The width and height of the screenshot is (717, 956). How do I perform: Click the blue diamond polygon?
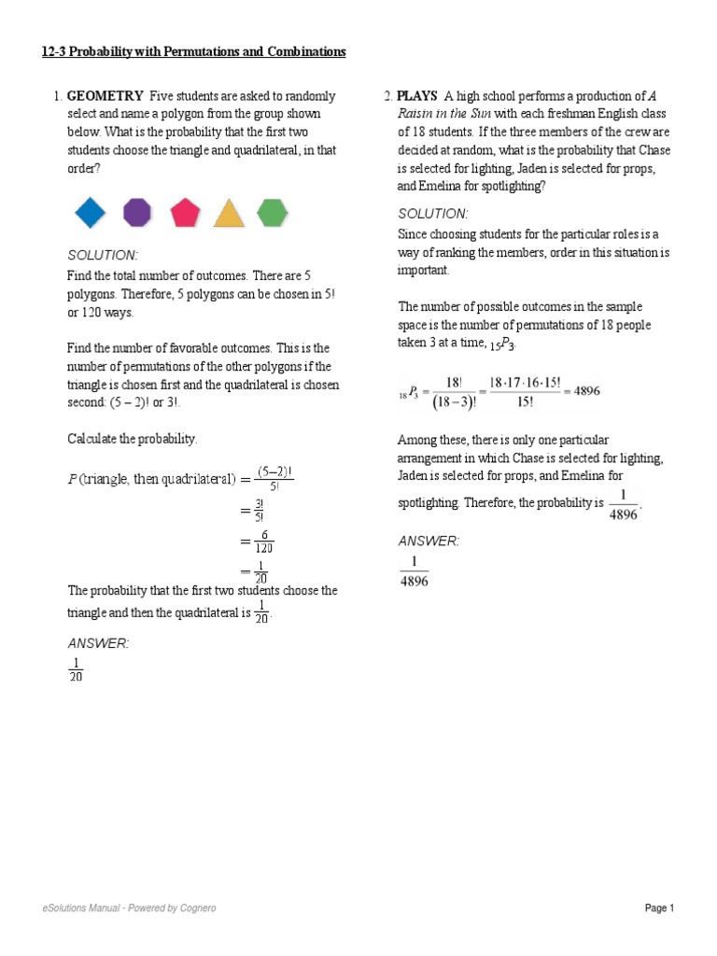[x=91, y=213]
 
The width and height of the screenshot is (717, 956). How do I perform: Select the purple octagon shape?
[x=137, y=213]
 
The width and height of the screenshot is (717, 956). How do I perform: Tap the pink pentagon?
[x=185, y=213]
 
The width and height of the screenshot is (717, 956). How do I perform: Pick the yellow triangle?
[x=229, y=214]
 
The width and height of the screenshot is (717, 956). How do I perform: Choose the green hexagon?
[x=272, y=213]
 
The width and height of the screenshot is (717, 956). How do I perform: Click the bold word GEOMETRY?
[x=105, y=96]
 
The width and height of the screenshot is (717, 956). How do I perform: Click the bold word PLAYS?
[x=416, y=96]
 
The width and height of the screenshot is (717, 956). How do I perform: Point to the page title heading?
[x=193, y=52]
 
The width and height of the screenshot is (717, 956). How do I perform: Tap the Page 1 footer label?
[x=659, y=907]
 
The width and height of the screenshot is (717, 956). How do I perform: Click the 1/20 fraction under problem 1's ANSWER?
[x=76, y=669]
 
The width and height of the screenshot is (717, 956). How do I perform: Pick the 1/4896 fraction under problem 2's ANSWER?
[x=414, y=571]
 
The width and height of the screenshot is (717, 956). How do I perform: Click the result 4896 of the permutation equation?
[x=586, y=391]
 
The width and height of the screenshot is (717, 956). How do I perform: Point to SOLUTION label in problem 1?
[x=103, y=255]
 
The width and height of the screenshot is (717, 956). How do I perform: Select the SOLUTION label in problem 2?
[x=433, y=213]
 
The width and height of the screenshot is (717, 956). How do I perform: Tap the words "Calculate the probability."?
[x=133, y=438]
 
